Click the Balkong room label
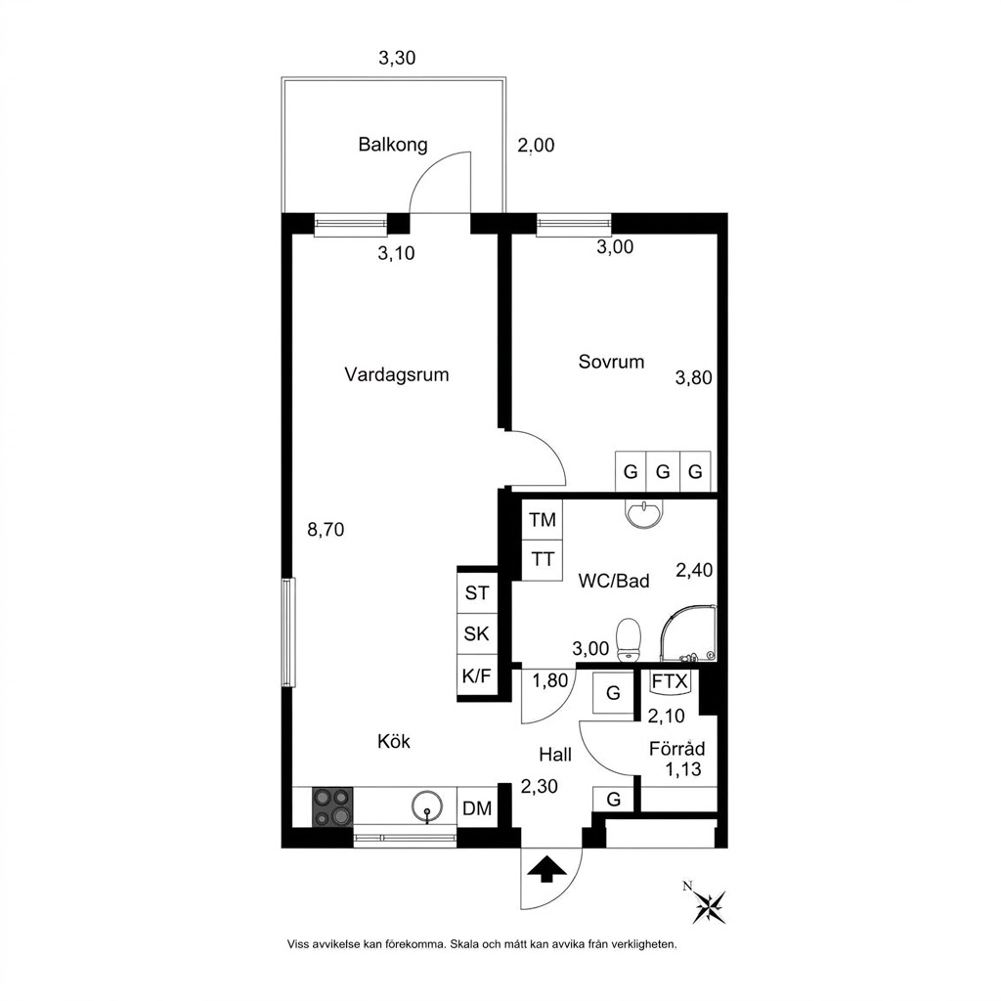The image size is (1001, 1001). pos(393,145)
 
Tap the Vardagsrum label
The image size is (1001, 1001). pos(397,374)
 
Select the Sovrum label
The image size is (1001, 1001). pos(611,362)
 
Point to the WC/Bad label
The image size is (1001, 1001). pos(614,581)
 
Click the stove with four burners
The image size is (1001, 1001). pos(332,806)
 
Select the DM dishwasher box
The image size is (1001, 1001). pos(477,808)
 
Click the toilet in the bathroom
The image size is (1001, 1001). pos(629,639)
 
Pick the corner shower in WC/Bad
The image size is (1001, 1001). pos(688,633)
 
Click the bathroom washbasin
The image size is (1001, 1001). pos(644,513)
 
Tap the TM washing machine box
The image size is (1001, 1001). pos(542,520)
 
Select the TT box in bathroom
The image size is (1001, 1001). pos(542,560)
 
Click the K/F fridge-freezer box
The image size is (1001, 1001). pos(476,675)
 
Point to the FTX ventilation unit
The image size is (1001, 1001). pos(669,681)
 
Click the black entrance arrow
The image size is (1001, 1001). pos(545,869)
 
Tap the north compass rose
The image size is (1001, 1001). pos(710,904)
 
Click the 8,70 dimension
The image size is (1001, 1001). pos(326,529)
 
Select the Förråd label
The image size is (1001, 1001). pos(676,748)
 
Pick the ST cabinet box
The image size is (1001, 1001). pos(476,593)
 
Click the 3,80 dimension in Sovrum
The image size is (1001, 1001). pos(694,378)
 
